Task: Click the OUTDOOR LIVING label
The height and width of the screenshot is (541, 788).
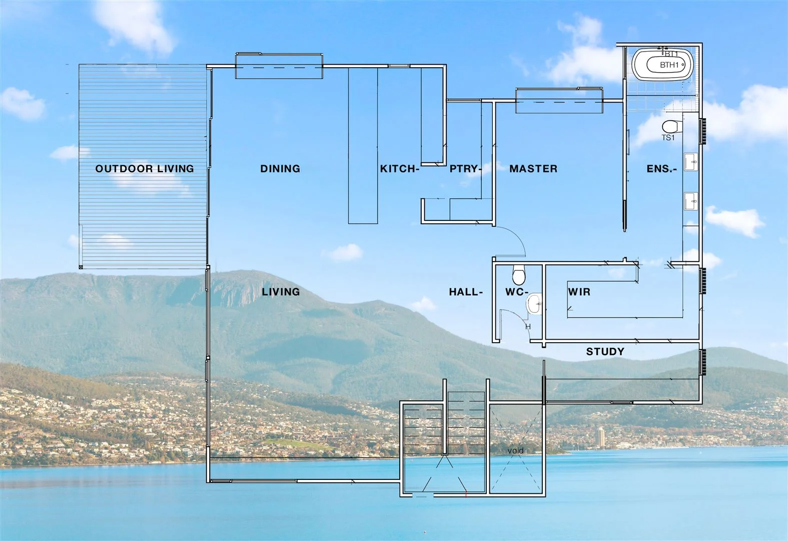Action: tap(145, 169)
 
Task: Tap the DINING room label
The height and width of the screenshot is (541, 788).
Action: tap(280, 169)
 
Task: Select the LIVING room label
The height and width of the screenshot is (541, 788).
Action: tap(281, 292)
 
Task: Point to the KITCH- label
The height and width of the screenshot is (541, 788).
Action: tap(399, 169)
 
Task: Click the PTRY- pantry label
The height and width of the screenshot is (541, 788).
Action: tap(465, 169)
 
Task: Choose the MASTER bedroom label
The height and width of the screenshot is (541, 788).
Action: tap(533, 169)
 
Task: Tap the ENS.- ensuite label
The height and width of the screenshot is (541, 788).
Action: tap(661, 169)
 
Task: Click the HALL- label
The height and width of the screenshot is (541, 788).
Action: tap(466, 292)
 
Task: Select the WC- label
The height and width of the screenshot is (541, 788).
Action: tap(516, 292)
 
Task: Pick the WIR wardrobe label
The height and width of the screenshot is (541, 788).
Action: tap(579, 292)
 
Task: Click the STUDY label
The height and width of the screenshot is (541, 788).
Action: tap(605, 352)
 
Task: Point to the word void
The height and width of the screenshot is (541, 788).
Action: tap(515, 450)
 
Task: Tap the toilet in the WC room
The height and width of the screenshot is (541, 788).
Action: tap(519, 275)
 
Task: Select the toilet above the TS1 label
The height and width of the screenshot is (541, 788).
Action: tap(670, 125)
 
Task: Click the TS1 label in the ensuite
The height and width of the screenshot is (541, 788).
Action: tap(668, 138)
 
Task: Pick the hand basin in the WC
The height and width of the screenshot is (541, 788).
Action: tap(535, 303)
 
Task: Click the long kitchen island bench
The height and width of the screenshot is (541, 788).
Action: tap(363, 145)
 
